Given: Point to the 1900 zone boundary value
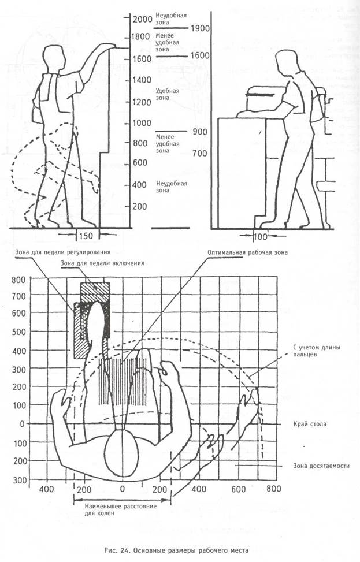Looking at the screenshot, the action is [x=201, y=28].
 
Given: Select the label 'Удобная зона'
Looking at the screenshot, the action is [x=168, y=94].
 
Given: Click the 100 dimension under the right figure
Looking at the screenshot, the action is [x=261, y=237].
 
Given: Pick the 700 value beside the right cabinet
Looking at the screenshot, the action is [x=199, y=153].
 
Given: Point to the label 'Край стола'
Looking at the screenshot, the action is [x=298, y=424].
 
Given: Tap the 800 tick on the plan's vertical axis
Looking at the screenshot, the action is [x=19, y=280].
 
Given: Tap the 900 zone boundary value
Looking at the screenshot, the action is [x=199, y=132].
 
